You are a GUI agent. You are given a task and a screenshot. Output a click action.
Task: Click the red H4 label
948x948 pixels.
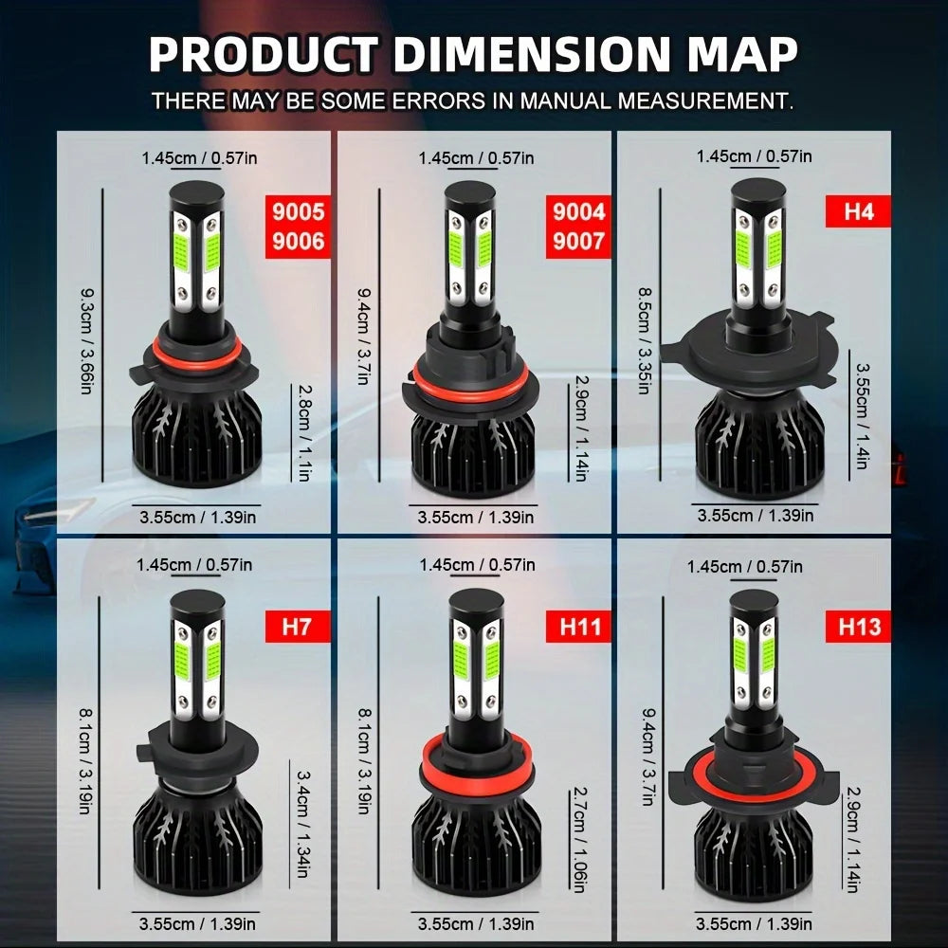858,211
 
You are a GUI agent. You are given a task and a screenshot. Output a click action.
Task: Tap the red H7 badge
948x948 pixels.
298,627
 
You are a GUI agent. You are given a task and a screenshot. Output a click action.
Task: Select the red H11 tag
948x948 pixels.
578,627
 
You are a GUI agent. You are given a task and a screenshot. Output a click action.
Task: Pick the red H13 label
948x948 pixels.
858,627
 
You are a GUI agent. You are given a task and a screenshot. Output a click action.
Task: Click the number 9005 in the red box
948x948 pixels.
298,212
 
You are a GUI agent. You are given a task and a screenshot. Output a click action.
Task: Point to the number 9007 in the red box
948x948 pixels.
578,241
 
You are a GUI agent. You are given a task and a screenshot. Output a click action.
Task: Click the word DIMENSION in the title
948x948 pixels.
532,54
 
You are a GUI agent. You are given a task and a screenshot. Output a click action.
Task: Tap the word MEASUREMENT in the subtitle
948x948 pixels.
704,100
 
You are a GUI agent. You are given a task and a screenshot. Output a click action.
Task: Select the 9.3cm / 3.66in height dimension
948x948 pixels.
86,341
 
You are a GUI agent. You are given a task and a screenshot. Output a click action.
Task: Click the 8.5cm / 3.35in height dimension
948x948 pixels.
645,341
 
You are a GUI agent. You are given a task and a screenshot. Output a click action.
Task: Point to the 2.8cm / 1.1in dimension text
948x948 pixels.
304,433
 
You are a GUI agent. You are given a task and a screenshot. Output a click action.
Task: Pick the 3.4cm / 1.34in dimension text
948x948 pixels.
303,824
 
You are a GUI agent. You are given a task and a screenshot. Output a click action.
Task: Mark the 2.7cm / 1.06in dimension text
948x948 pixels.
578,839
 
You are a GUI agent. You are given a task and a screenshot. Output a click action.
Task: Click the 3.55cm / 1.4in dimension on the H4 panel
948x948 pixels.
863,415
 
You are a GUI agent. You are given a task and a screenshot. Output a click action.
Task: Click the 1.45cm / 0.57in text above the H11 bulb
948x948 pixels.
477,565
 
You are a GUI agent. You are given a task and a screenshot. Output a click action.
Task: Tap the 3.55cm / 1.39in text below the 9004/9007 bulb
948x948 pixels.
476,518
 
